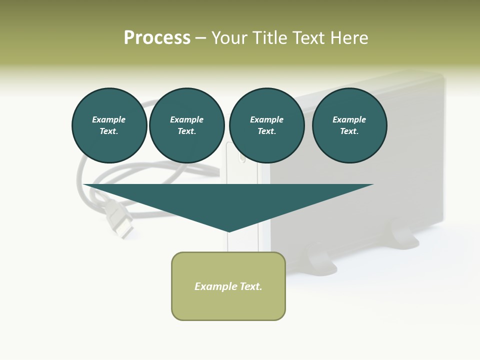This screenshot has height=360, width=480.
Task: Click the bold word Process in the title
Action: pos(157,38)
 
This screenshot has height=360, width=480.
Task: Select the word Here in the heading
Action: pos(350,38)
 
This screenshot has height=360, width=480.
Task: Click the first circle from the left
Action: pos(109,125)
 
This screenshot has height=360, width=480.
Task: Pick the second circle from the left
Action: pos(187,125)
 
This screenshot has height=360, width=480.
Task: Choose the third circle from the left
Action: pos(267,125)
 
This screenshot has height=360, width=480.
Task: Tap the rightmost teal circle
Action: pos(349,125)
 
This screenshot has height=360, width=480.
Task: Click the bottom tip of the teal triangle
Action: pos(229,230)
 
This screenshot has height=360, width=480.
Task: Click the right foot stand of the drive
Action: pos(405,235)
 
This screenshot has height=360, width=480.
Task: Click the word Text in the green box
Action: pos(250,286)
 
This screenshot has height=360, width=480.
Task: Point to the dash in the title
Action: pos(201,38)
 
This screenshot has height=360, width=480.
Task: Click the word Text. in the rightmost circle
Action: pos(349,131)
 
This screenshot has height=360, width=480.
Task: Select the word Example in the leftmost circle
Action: pos(109,119)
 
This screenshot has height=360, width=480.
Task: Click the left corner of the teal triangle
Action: pos(85,185)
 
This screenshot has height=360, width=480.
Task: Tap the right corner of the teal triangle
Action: pos(372,185)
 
